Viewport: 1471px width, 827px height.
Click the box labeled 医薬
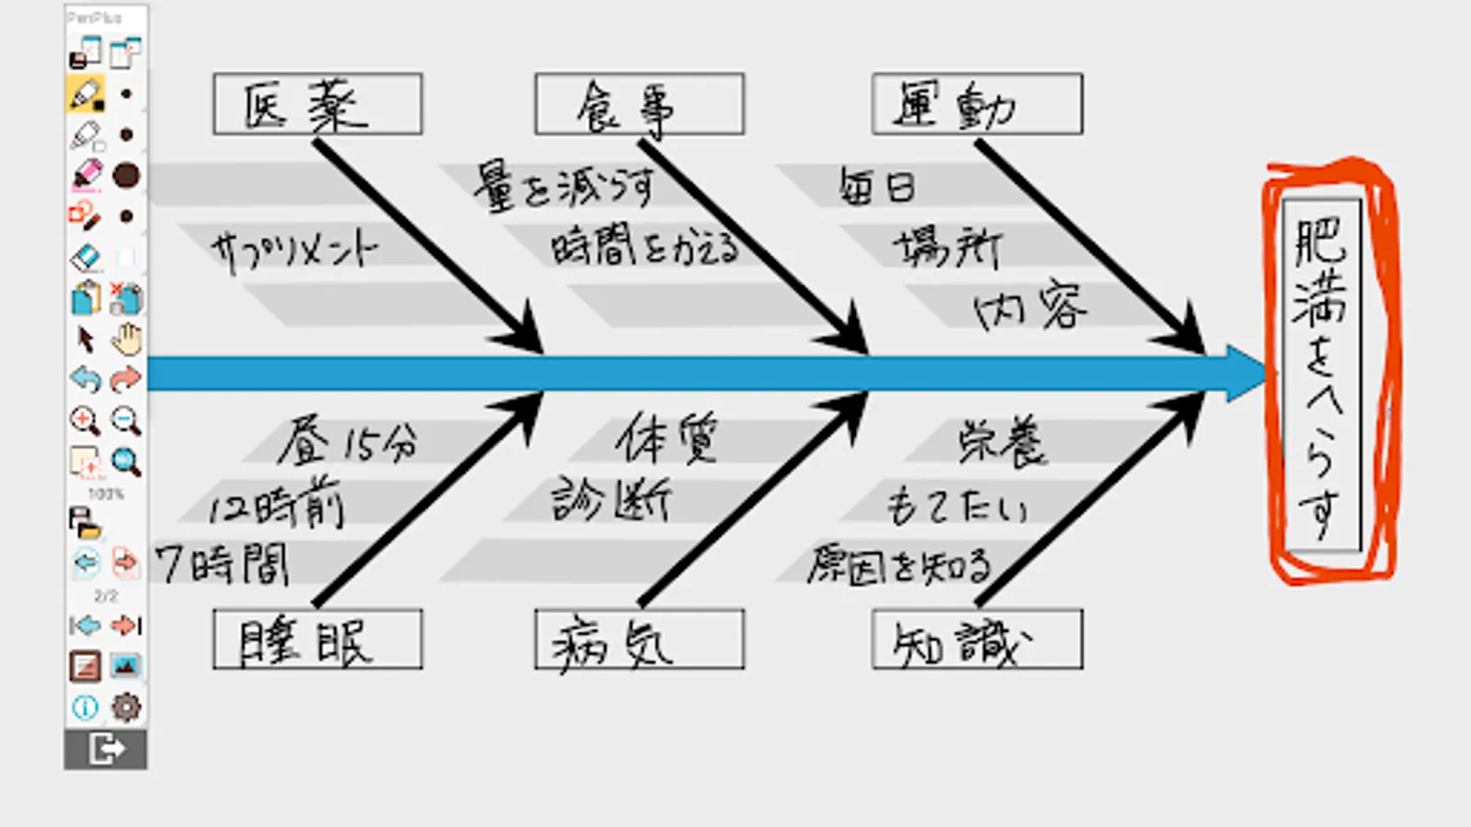317,105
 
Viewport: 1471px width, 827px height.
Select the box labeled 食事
639,105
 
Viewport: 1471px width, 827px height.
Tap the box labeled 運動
976,105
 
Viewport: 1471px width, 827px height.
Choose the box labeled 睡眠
317,640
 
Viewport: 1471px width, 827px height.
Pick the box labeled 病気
639,640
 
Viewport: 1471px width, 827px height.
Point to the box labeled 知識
976,640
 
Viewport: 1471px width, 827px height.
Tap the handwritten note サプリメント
294,249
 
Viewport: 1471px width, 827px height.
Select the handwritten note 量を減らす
564,187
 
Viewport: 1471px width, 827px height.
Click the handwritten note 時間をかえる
644,247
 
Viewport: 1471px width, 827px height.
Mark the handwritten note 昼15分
348,442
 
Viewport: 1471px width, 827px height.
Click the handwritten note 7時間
222,563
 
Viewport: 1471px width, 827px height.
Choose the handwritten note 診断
611,501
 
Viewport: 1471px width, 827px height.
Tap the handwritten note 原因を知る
899,565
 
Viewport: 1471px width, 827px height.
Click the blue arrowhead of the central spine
1246,374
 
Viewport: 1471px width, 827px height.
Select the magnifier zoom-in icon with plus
85,421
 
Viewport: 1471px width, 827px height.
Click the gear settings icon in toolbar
126,707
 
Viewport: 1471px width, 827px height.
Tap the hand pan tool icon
126,339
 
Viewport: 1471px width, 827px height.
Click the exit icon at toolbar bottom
106,749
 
